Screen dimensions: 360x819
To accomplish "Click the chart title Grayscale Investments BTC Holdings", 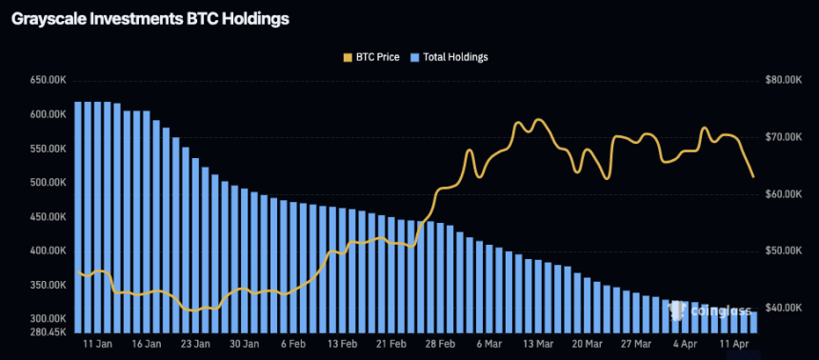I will point(150,18).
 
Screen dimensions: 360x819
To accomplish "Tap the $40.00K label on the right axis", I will point(783,309).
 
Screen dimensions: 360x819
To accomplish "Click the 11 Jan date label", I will point(100,344).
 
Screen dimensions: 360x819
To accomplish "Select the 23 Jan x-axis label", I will point(195,344).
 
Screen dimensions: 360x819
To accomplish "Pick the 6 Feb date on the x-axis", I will point(293,344).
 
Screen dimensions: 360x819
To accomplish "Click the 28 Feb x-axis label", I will point(439,344).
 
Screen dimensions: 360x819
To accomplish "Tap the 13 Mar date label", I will point(537,344).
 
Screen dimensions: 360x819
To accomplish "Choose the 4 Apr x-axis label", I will point(684,344).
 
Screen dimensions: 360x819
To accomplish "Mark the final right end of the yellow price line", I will point(753,176).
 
